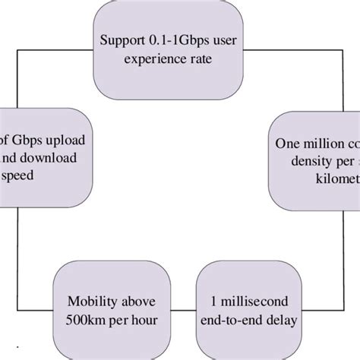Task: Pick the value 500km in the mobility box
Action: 82,319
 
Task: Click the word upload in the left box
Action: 64,141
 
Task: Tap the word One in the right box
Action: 285,142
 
